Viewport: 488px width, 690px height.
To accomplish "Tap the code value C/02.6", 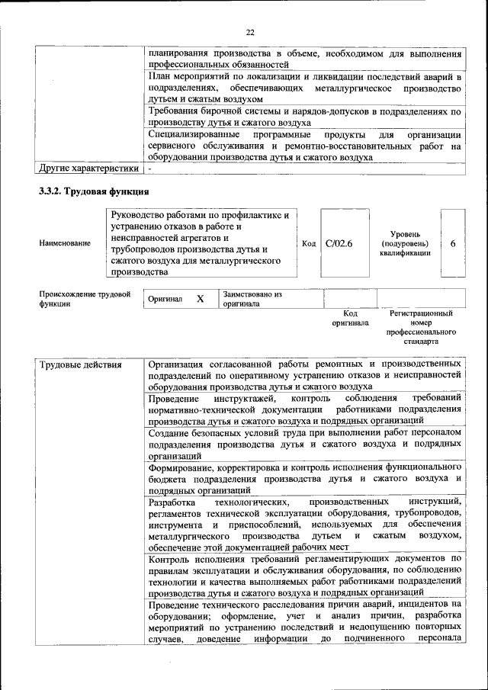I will pos(339,243).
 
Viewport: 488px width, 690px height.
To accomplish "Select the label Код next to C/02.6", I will pos(309,243).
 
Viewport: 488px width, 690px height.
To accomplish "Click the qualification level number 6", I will pos(453,243).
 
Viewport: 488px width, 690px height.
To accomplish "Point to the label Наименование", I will pos(65,243).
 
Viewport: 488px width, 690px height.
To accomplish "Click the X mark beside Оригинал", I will pos(201,299).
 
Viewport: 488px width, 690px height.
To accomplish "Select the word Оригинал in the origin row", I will pos(165,299).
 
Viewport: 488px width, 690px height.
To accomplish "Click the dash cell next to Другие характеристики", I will pos(151,168).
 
